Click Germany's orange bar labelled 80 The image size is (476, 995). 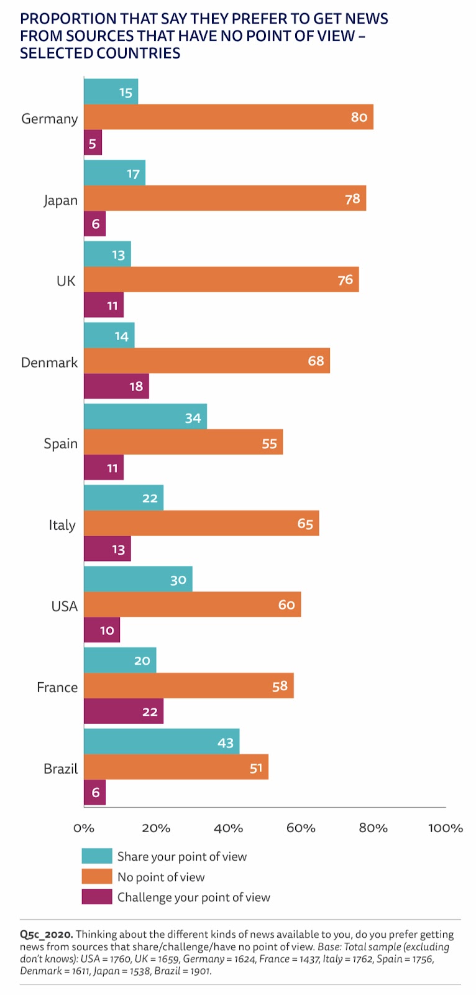click(x=228, y=117)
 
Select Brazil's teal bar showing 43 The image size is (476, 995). click(x=162, y=742)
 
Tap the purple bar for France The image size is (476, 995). click(x=123, y=711)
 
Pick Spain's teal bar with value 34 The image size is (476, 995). click(x=145, y=417)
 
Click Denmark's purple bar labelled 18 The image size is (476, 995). click(x=116, y=386)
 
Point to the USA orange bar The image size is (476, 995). click(x=192, y=604)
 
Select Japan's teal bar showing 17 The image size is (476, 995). click(x=114, y=173)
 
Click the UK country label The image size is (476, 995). click(x=66, y=281)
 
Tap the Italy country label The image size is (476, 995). click(x=62, y=525)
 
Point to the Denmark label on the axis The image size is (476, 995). click(x=49, y=363)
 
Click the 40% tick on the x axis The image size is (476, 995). click(x=228, y=828)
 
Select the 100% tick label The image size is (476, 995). click(x=445, y=828)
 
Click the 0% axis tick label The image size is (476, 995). click(x=84, y=828)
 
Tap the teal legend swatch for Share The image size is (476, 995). click(x=97, y=856)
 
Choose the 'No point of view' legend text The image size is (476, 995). click(x=161, y=877)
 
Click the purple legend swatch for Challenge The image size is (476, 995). click(x=97, y=897)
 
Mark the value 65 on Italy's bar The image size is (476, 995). click(x=305, y=524)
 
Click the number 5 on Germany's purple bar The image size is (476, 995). click(x=93, y=144)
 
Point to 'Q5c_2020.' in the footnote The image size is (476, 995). click(x=47, y=934)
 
